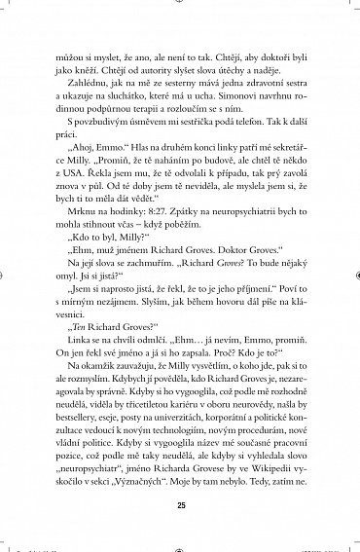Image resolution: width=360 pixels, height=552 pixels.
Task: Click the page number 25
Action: click(x=180, y=505)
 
